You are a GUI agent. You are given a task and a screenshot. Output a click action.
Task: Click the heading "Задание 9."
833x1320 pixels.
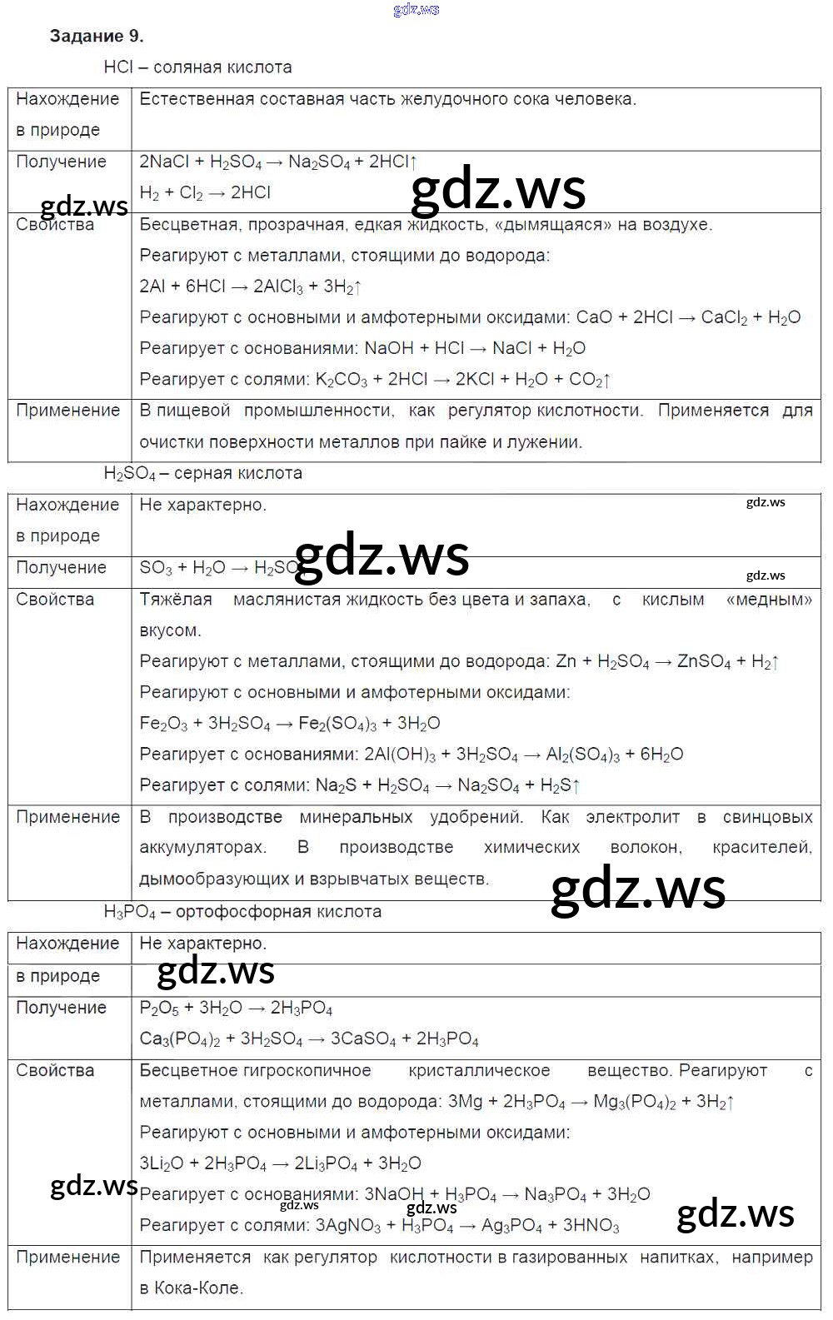click(x=97, y=36)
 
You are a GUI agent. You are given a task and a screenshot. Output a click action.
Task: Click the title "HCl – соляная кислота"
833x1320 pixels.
click(x=197, y=67)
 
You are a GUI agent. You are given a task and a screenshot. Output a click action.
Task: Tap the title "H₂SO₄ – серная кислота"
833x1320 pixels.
click(x=202, y=473)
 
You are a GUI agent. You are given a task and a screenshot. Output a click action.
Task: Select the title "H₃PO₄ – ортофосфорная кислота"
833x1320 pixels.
click(x=242, y=911)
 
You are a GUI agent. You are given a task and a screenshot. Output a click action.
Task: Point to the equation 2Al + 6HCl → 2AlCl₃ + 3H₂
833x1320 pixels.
click(x=250, y=286)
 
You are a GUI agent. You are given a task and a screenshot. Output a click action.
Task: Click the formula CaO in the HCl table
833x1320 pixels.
click(x=594, y=317)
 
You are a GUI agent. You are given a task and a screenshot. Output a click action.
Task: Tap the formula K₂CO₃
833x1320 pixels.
click(x=341, y=380)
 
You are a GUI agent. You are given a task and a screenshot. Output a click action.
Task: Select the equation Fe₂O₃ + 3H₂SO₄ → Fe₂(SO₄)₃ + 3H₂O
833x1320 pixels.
click(x=289, y=724)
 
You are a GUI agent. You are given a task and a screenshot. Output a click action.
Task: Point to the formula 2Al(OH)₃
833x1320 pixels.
click(x=400, y=755)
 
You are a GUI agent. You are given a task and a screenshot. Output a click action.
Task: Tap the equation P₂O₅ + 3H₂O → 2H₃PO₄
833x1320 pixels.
click(x=236, y=1009)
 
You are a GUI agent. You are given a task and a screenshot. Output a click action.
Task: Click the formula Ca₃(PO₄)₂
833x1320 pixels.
click(x=180, y=1039)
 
